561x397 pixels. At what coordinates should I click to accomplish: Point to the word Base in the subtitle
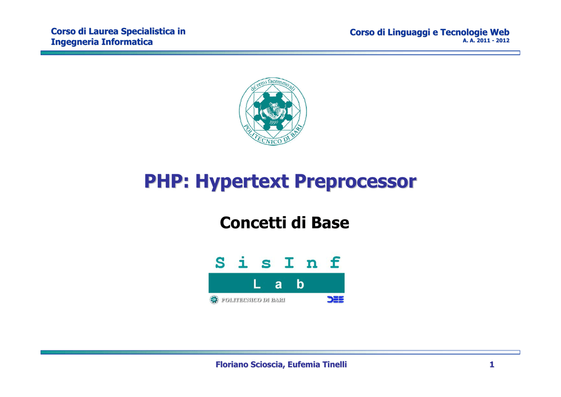click(x=330, y=223)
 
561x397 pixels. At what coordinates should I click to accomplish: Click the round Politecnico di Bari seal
click(x=273, y=111)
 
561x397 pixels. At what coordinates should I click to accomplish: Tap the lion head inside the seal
click(x=274, y=109)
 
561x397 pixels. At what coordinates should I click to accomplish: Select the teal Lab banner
click(x=277, y=283)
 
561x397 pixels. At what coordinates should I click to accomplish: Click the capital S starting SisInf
click(x=220, y=263)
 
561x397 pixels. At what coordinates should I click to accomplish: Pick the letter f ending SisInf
click(x=335, y=263)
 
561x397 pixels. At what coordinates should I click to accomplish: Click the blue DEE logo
click(x=336, y=299)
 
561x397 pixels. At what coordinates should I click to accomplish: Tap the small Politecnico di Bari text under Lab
click(x=253, y=300)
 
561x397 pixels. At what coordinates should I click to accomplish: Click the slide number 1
click(x=492, y=365)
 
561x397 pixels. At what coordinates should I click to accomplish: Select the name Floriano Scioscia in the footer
click(x=250, y=365)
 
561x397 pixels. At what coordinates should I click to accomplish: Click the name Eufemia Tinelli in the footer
click(x=317, y=365)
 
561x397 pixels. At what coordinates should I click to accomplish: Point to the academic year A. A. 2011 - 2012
click(x=486, y=41)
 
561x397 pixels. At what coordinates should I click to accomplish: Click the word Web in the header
click(x=500, y=32)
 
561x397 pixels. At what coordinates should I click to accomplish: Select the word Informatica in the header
click(x=127, y=42)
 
